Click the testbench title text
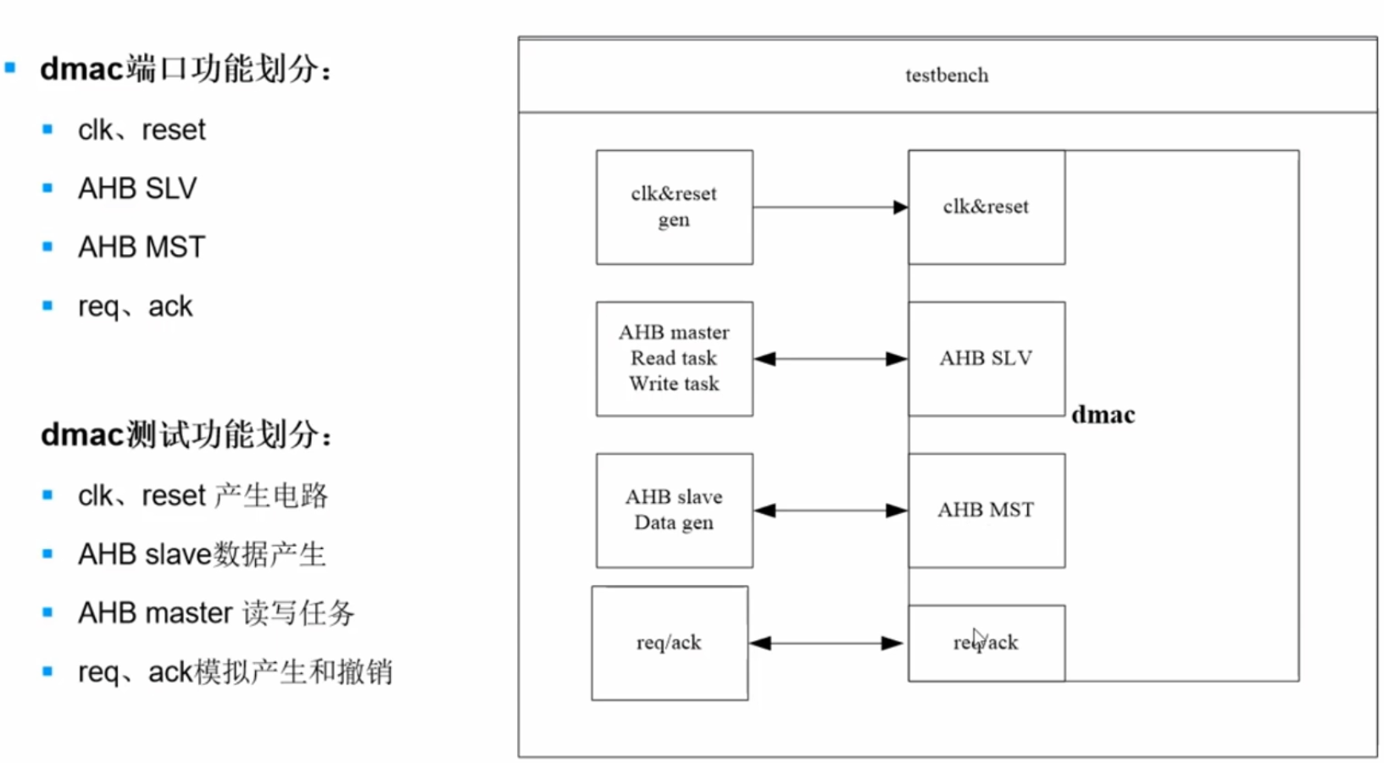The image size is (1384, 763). pyautogui.click(x=946, y=75)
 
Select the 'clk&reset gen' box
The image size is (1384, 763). pyautogui.click(x=674, y=207)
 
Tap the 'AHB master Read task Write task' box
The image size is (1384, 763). pyautogui.click(x=674, y=358)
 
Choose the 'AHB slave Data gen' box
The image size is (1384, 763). pyautogui.click(x=674, y=510)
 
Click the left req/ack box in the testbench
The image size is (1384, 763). pyautogui.click(x=670, y=643)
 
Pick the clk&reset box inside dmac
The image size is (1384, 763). pyautogui.click(x=986, y=207)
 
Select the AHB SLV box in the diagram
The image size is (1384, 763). pyautogui.click(x=986, y=358)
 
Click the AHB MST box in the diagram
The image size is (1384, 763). pyautogui.click(x=986, y=510)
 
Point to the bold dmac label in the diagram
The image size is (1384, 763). pyautogui.click(x=1103, y=415)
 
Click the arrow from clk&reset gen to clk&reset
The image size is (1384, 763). pyautogui.click(x=830, y=207)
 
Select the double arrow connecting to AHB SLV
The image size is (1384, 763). pyautogui.click(x=830, y=359)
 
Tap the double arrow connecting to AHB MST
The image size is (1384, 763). pyautogui.click(x=830, y=511)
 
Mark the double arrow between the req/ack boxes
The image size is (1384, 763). pyautogui.click(x=826, y=644)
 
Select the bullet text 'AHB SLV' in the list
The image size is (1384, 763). pyautogui.click(x=137, y=188)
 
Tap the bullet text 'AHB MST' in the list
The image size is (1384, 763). pyautogui.click(x=142, y=247)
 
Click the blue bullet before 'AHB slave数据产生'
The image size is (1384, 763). pyautogui.click(x=47, y=554)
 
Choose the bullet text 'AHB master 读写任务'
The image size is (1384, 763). pyautogui.click(x=216, y=613)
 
